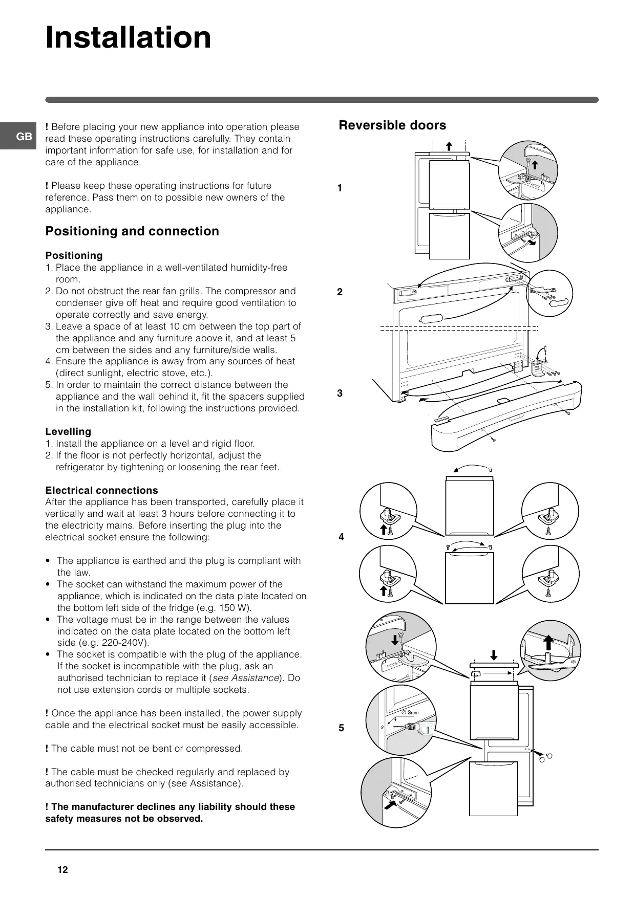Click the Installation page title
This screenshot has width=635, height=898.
(x=128, y=38)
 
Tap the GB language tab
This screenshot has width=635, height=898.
(x=24, y=137)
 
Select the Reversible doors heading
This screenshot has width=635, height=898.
(x=392, y=125)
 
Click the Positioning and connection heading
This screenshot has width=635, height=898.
(x=132, y=231)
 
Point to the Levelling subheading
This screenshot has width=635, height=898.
(x=68, y=431)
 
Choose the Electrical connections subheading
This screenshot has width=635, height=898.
(x=101, y=490)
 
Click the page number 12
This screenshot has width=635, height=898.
(x=62, y=870)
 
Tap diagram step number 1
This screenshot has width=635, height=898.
(x=340, y=188)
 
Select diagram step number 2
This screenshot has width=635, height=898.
(x=340, y=292)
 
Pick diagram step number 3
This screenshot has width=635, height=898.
(x=340, y=393)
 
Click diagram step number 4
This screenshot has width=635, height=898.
(x=341, y=537)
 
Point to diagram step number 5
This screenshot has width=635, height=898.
(x=341, y=728)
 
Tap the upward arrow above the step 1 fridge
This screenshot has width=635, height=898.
(x=449, y=146)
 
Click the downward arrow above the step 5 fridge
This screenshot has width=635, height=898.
(x=494, y=655)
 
